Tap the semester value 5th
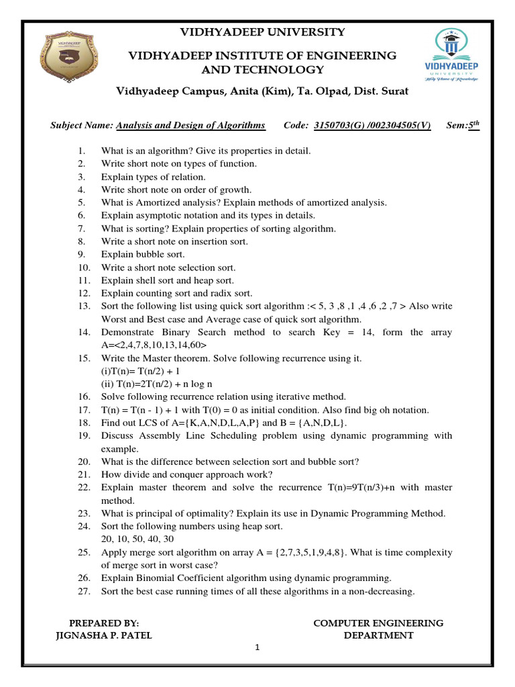pos(473,125)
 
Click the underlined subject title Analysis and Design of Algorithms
pos(190,125)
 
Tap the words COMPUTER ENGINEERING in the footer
pos(378,623)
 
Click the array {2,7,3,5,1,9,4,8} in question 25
pos(304,552)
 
